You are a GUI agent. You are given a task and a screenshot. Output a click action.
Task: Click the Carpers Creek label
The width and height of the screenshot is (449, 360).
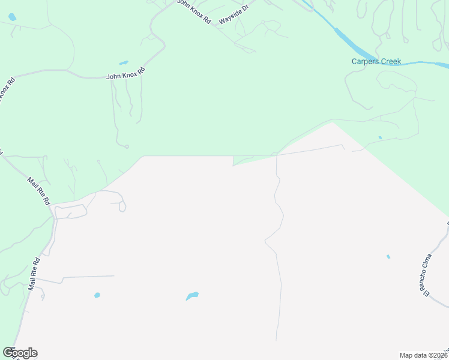[376, 61]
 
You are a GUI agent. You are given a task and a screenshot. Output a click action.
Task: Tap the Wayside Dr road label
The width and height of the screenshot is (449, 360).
[234, 13]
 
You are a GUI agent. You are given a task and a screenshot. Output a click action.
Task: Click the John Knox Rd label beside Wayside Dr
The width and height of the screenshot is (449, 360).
[194, 11]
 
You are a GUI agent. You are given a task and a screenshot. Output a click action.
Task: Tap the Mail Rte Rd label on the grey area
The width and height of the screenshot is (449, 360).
[34, 274]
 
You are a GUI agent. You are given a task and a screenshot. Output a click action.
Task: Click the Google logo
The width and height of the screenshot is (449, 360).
[20, 353]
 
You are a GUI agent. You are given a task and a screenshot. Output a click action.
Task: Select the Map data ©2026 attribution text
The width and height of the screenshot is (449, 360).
[424, 355]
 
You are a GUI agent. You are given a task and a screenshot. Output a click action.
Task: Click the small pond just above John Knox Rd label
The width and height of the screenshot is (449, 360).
[124, 62]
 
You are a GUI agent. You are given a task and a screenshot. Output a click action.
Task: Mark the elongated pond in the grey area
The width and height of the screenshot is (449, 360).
[192, 296]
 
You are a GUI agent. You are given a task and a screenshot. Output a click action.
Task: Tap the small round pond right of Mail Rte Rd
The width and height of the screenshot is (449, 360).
[97, 295]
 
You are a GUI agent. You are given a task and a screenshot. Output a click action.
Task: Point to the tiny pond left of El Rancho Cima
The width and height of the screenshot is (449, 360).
[388, 257]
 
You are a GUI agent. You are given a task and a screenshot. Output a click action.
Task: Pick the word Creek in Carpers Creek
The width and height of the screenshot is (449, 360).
[390, 61]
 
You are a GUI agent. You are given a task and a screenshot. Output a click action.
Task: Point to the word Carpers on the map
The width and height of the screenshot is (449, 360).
[364, 61]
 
